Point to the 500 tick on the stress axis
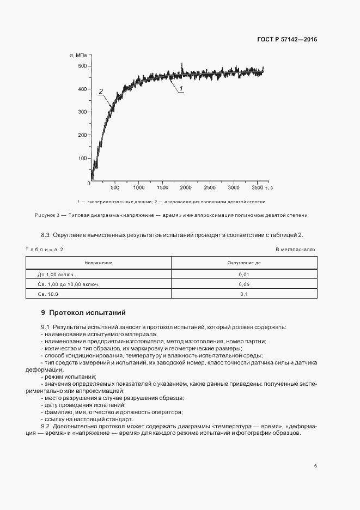pos(82,66)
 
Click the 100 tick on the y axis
pos(82,159)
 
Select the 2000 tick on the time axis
pos(186,188)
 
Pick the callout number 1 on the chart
pos(181,88)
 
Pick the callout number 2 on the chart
pos(101,92)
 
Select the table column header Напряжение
pos(99,263)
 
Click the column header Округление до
pos(244,263)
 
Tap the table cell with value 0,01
pos(244,275)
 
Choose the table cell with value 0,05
pos(244,284)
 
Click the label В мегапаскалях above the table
pos(296,249)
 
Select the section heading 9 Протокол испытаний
pos(83,313)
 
